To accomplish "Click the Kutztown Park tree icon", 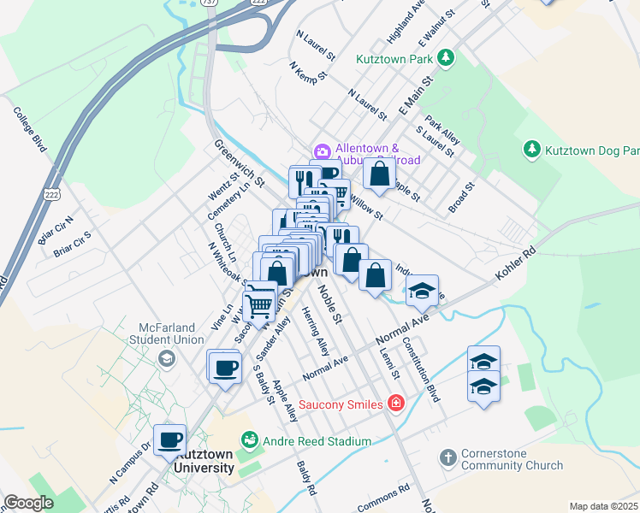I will tap(445, 57).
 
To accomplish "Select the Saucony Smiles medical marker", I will tap(394, 403).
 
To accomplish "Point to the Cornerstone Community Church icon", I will tap(447, 458).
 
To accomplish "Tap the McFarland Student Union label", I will tap(133, 330).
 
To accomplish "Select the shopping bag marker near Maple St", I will tap(379, 173).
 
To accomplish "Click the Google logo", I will tap(29, 504).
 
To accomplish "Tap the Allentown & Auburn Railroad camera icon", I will tap(323, 152).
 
